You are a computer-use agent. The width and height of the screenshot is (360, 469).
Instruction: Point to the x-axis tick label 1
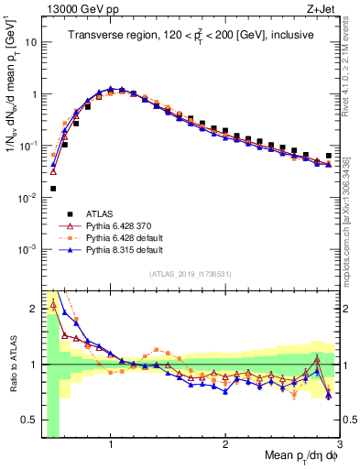click(111, 446)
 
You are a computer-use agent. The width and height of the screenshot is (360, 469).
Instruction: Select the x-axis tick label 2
click(225, 446)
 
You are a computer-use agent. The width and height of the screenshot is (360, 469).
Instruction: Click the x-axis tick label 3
click(339, 446)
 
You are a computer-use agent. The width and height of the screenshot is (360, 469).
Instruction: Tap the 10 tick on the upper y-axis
click(32, 42)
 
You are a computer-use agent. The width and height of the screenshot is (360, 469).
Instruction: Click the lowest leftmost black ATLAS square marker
click(52, 189)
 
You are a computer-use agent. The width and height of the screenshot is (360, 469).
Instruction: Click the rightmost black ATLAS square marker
click(329, 156)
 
